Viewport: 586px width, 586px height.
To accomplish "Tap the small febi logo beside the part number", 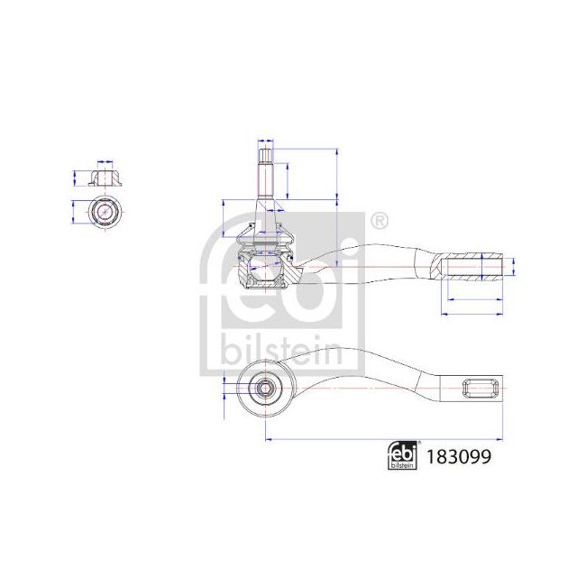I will (403, 457).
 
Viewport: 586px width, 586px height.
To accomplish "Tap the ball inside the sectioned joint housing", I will (265, 266).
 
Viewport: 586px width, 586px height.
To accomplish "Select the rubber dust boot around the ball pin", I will (265, 239).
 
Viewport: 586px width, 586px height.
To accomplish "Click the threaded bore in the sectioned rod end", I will (469, 268).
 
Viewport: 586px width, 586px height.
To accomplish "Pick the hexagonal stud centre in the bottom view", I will (265, 389).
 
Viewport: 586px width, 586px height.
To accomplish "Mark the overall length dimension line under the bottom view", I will (379, 439).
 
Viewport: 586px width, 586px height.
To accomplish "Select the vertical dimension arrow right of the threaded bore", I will (513, 268).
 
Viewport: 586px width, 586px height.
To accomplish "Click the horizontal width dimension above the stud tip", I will (265, 142).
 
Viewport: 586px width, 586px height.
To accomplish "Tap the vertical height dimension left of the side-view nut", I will (75, 175).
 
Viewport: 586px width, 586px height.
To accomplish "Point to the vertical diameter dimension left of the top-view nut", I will (73, 213).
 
